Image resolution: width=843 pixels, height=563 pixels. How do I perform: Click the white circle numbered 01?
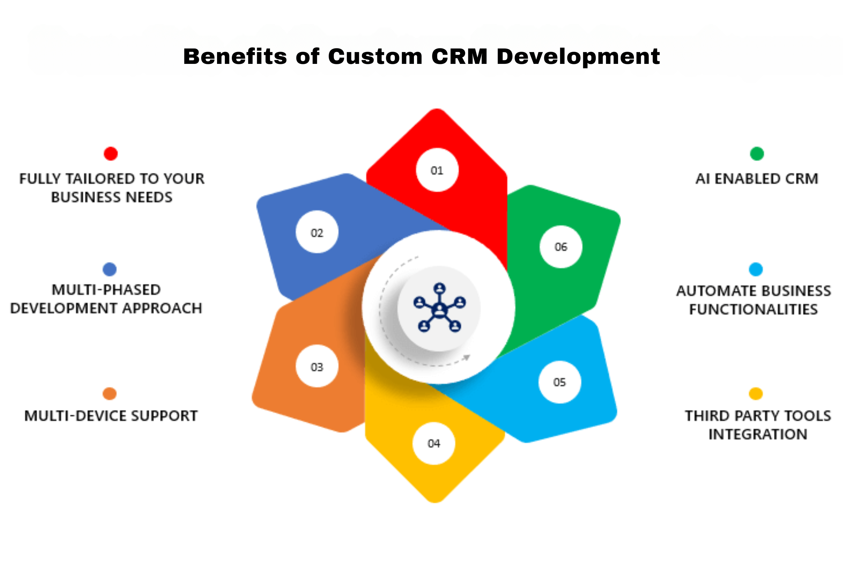click(x=437, y=170)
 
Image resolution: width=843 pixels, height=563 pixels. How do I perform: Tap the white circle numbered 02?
click(x=317, y=232)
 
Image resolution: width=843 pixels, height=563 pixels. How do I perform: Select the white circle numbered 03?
click(x=317, y=366)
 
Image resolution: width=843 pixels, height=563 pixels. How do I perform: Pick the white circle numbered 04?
click(x=434, y=443)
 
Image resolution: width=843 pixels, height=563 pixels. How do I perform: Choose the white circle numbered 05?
click(x=560, y=382)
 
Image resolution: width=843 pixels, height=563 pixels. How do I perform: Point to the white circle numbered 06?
click(x=561, y=247)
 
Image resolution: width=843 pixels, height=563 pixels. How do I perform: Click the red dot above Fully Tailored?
click(x=111, y=154)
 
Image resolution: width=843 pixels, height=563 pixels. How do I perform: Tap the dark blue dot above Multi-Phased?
click(x=110, y=269)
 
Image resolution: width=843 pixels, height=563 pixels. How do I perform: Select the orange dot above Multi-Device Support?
click(x=110, y=393)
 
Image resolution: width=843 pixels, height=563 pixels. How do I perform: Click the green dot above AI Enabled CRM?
click(x=757, y=154)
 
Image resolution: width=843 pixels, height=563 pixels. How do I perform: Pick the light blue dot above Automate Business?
click(x=756, y=269)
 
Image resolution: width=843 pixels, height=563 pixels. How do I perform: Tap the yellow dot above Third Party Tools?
click(x=756, y=393)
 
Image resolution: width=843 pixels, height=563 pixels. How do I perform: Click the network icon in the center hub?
click(x=440, y=308)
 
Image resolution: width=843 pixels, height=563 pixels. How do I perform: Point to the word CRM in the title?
click(x=459, y=57)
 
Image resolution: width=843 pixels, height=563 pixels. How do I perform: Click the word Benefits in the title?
click(x=235, y=57)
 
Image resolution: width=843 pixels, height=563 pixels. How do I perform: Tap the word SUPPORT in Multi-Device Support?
click(x=164, y=416)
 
